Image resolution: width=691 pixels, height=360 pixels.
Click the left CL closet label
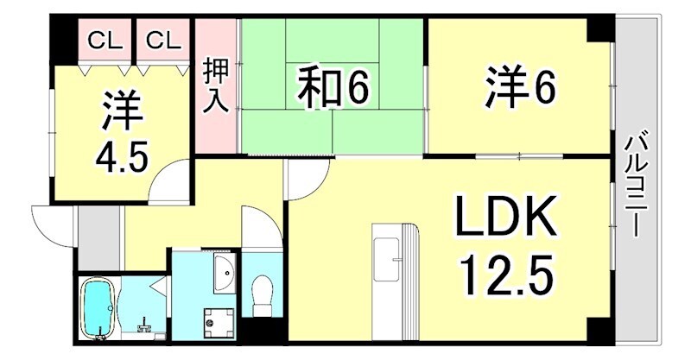point(104,41)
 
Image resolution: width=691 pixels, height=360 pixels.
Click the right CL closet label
point(162,41)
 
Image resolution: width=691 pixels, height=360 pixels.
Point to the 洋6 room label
point(518,87)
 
